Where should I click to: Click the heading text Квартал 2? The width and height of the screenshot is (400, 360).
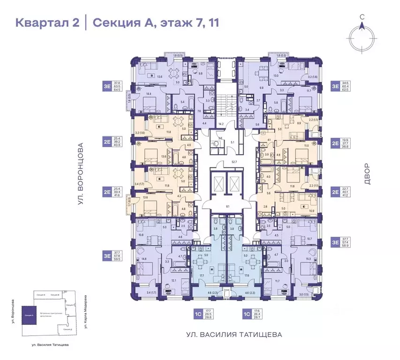coord(47,22)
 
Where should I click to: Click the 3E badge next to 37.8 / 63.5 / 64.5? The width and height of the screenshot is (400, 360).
coord(107,85)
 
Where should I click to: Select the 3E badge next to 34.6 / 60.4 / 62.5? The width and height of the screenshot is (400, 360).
coord(335,85)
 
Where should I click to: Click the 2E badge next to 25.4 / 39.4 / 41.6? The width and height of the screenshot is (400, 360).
coord(107,191)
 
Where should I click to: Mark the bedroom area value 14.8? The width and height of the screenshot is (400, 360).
coord(143,259)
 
